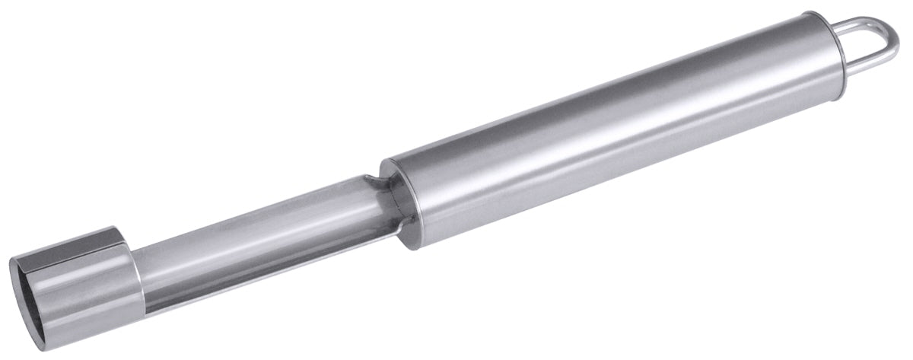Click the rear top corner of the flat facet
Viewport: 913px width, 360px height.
pyautogui.click(x=114, y=228)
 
